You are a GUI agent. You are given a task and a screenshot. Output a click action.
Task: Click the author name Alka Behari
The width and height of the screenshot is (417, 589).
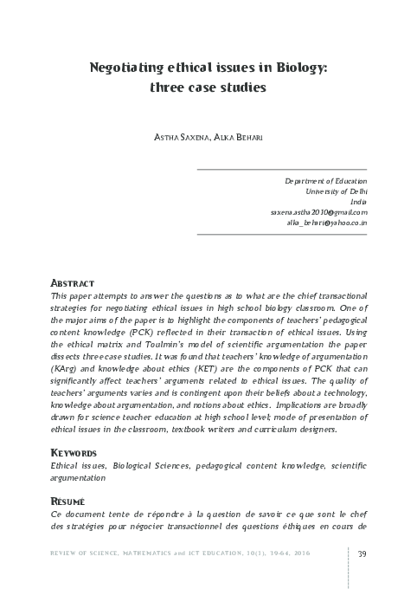[244, 136]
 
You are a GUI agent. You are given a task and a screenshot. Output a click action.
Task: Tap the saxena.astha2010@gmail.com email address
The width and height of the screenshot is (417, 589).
[318, 211]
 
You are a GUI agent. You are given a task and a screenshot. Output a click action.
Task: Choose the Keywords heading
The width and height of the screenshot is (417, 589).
[76, 453]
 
